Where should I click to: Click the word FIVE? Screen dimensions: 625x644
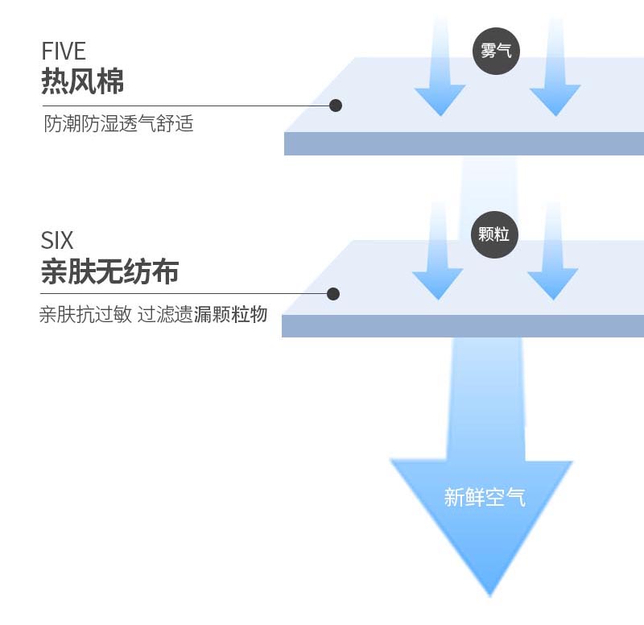[63, 52]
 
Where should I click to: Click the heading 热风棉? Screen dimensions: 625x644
[82, 81]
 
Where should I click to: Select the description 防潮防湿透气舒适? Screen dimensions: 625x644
[118, 125]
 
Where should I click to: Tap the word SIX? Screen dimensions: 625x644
[56, 240]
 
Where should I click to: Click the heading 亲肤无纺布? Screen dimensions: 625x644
[109, 271]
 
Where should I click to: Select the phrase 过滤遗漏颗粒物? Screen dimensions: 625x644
[202, 315]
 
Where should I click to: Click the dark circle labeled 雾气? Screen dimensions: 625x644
[496, 51]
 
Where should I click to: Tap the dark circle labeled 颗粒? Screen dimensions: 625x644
[494, 234]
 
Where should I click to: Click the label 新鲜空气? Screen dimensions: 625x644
[485, 497]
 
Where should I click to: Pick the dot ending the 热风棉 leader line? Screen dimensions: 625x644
[336, 106]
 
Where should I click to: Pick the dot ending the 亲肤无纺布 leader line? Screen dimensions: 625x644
[333, 294]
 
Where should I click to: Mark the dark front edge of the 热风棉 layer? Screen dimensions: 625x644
[464, 143]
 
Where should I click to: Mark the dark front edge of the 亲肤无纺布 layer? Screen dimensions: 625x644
[463, 326]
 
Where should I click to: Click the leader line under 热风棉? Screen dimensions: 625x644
[185, 106]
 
